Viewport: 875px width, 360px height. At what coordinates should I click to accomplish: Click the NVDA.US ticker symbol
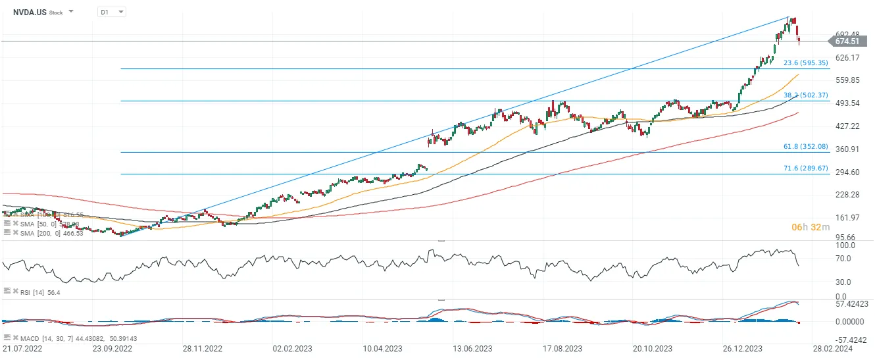[29, 12]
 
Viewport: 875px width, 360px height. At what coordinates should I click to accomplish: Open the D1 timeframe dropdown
[111, 12]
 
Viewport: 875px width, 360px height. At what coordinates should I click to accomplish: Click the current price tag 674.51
[847, 41]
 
